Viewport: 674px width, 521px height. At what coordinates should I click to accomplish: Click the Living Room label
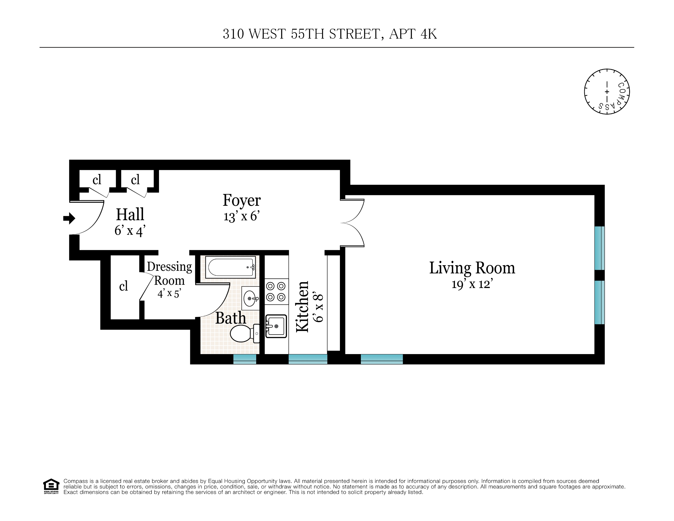[x=472, y=268]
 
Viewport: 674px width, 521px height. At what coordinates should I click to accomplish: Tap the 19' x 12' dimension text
[x=472, y=284]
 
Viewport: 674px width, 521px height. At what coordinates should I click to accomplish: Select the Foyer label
[x=242, y=200]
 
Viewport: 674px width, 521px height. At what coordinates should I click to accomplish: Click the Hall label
[x=130, y=214]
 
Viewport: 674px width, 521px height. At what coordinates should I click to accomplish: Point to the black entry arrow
[x=69, y=219]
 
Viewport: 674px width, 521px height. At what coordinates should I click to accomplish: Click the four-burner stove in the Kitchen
[x=276, y=292]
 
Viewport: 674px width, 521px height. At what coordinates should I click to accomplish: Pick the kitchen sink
[x=276, y=326]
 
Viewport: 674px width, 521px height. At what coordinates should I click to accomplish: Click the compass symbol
[x=607, y=92]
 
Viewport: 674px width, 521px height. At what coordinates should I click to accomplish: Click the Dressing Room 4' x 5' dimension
[x=169, y=293]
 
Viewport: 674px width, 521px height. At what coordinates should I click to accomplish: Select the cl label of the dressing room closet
[x=124, y=286]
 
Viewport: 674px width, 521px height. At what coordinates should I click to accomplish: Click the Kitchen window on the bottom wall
[x=308, y=359]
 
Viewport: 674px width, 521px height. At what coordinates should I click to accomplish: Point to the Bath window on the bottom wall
[x=244, y=359]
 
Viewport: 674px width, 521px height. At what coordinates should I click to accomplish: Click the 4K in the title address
[x=429, y=34]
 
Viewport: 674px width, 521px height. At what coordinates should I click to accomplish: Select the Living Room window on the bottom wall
[x=381, y=359]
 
